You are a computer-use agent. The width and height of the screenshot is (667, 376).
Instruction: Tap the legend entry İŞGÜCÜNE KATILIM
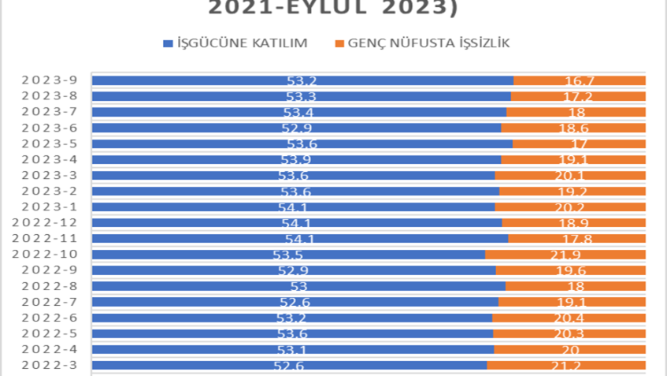click(x=235, y=43)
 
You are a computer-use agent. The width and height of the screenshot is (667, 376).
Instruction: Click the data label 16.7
click(x=580, y=80)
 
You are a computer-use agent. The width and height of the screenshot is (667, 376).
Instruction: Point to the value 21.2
click(x=565, y=365)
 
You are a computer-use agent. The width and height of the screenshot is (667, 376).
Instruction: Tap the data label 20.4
click(x=568, y=318)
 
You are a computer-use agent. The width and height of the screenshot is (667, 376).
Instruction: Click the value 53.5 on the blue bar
click(x=287, y=255)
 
